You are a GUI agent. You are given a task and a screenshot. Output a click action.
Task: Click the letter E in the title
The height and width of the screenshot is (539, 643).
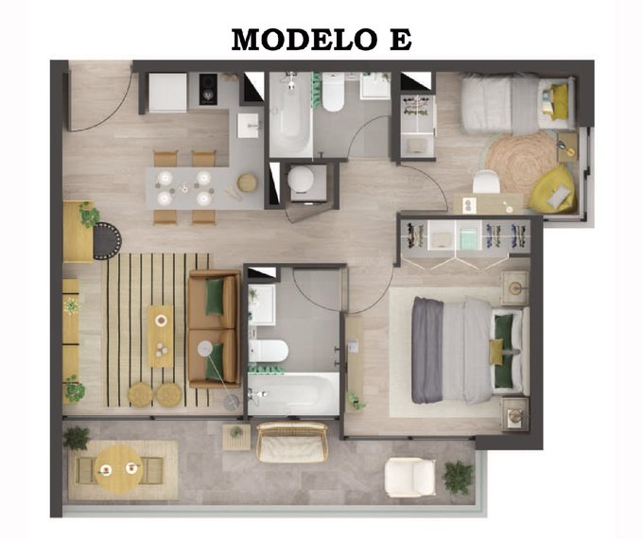(400, 40)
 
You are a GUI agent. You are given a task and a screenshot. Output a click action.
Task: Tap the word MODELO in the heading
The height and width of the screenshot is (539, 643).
(304, 40)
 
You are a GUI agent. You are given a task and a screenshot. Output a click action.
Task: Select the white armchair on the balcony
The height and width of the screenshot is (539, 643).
(409, 477)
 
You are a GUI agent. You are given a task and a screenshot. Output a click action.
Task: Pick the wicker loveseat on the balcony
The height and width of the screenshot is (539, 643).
(292, 443)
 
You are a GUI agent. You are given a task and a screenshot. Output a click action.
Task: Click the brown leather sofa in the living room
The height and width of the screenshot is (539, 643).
(214, 329)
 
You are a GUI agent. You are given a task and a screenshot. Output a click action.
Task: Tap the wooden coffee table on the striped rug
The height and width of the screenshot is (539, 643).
(161, 336)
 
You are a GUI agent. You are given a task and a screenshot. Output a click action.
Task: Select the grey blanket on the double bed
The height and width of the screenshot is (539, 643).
(427, 350)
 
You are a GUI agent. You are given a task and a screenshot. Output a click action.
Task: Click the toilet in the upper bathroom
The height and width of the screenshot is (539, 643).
(333, 93)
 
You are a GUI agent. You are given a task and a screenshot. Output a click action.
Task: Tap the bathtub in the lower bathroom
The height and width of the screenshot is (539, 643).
(293, 394)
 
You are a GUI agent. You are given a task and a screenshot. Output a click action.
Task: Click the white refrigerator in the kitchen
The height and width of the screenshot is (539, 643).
(167, 93)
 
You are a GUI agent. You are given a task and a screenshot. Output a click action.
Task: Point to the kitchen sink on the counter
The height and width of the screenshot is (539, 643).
(249, 126)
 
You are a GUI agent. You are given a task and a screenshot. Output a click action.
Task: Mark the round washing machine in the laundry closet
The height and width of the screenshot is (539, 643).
(302, 181)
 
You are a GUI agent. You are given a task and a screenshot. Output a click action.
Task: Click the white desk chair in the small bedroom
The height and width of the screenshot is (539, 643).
(486, 182)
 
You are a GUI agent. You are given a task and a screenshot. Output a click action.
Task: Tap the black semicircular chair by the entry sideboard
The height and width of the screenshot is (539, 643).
(108, 241)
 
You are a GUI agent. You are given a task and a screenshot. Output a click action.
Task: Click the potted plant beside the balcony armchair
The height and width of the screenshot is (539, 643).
(458, 477)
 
